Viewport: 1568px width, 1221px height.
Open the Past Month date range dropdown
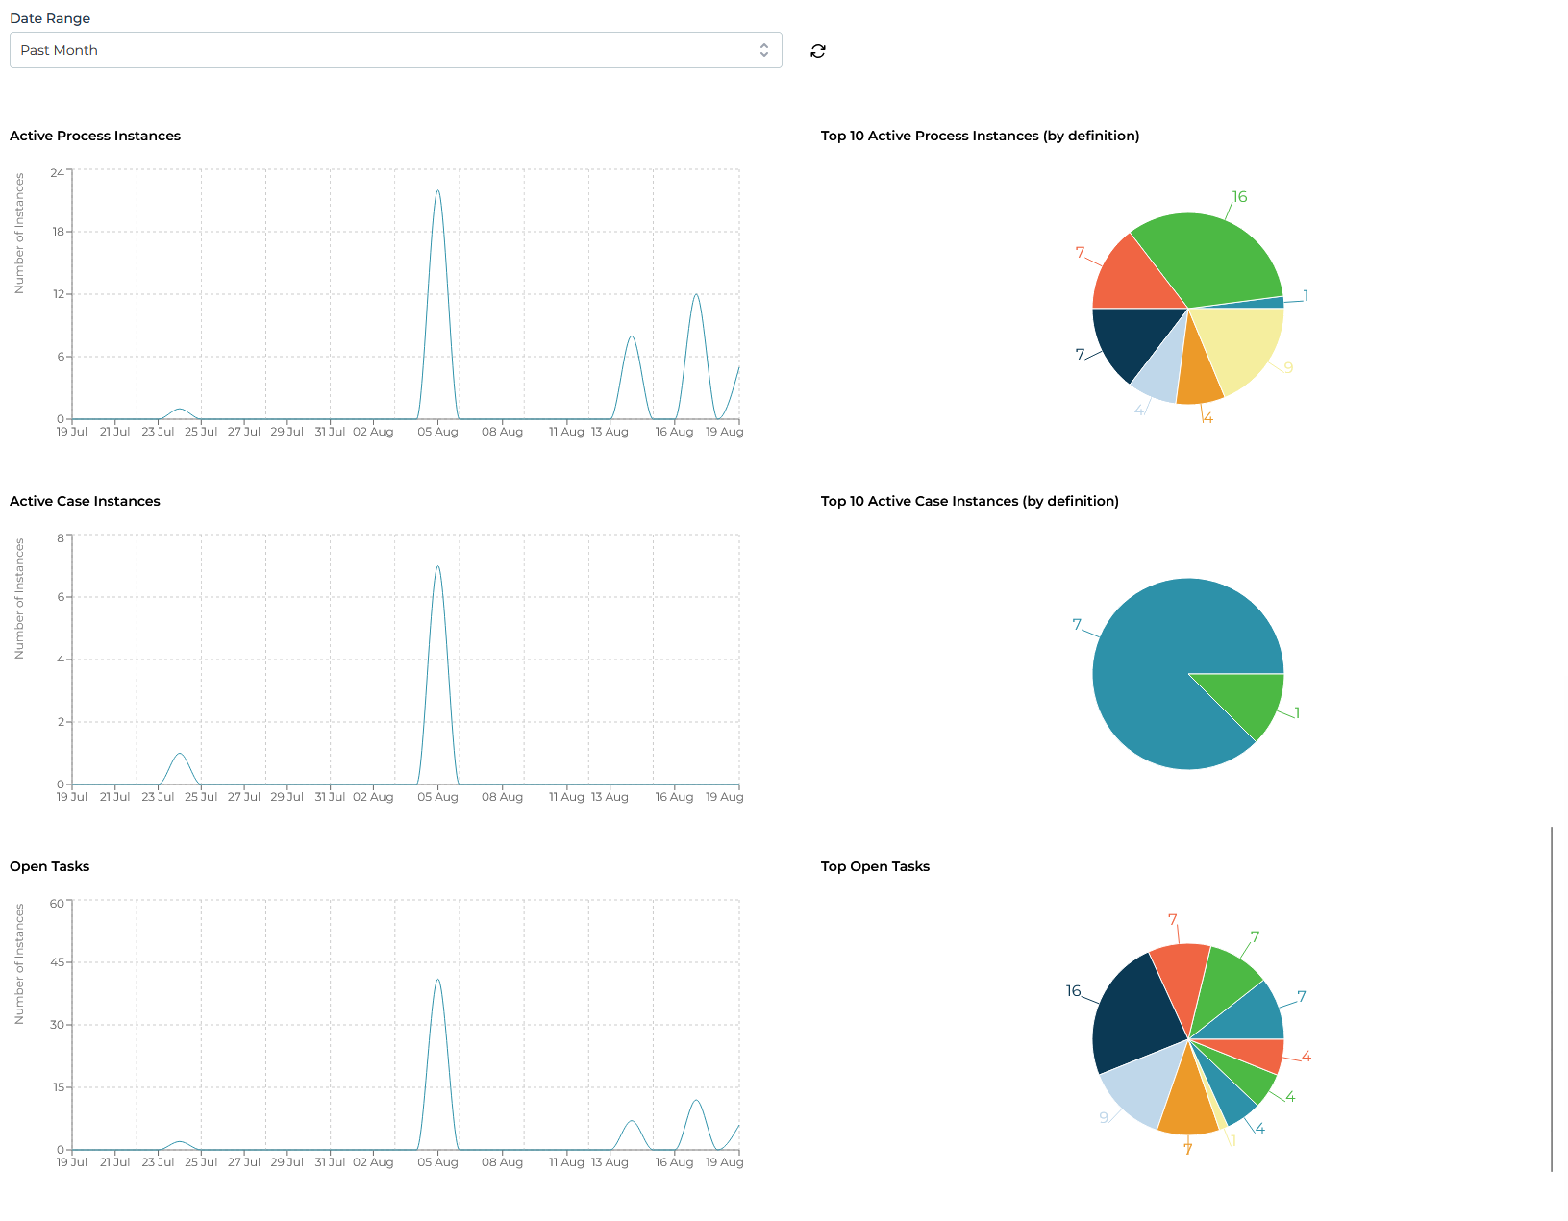click(395, 50)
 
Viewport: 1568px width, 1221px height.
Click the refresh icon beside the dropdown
click(818, 51)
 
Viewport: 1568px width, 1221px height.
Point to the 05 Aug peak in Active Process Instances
click(437, 191)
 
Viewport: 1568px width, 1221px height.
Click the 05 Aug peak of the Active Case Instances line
click(437, 567)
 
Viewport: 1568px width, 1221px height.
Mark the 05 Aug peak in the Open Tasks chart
click(437, 981)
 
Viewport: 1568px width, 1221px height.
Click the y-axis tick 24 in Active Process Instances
click(58, 173)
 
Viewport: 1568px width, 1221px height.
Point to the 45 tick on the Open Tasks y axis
click(58, 962)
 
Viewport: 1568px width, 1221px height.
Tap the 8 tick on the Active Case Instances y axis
click(61, 538)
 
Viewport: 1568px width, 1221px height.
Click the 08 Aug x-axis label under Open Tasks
click(502, 1162)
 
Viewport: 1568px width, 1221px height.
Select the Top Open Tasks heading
click(875, 866)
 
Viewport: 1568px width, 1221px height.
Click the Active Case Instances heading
click(85, 501)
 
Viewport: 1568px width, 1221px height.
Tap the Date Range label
click(50, 18)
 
